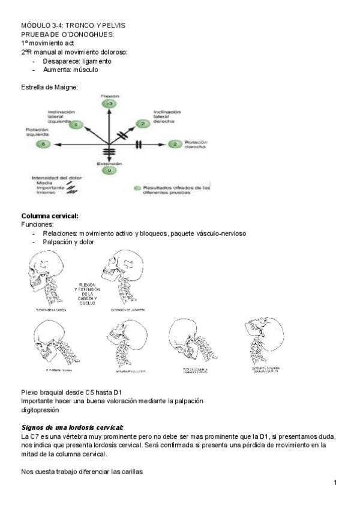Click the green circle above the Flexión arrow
(x=109, y=104)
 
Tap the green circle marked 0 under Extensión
(x=109, y=170)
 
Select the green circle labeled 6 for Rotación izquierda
(x=42, y=144)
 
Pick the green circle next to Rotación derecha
(x=175, y=144)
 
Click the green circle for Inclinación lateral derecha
(x=143, y=124)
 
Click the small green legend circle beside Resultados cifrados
(x=137, y=188)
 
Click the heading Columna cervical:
(x=50, y=216)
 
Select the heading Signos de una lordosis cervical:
(x=72, y=427)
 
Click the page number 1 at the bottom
(x=335, y=483)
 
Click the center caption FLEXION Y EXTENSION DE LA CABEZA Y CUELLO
(x=87, y=294)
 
